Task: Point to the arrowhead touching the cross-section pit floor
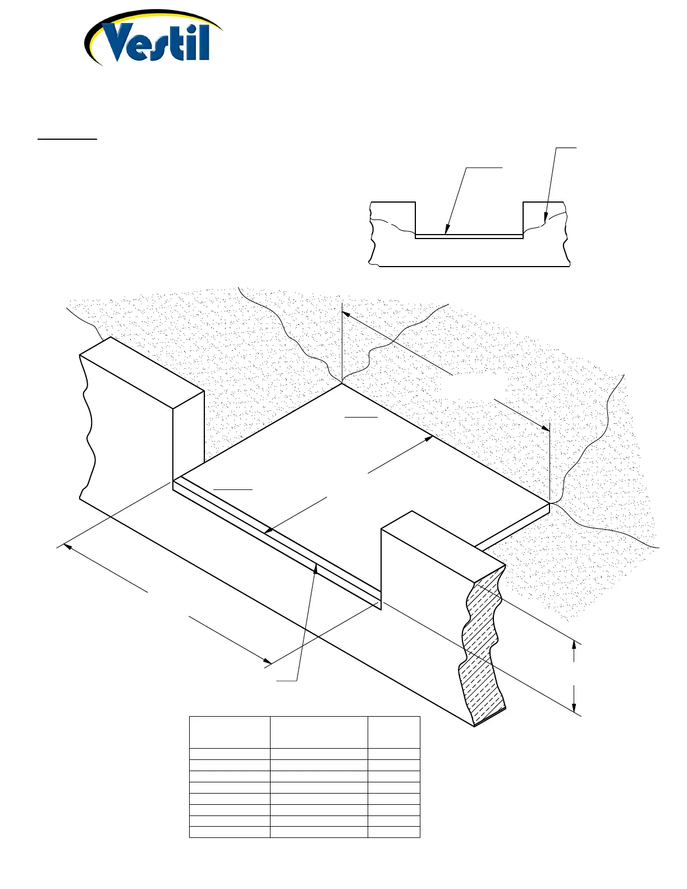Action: (x=447, y=230)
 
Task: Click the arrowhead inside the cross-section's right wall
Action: (x=544, y=217)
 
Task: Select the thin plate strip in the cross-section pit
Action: (x=469, y=237)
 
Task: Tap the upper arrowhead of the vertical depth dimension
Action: (x=574, y=645)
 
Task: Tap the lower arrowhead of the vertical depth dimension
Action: (x=574, y=708)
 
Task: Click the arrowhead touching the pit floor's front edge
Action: (x=268, y=530)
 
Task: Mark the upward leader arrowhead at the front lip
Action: (x=317, y=569)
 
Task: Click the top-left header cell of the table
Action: (x=230, y=732)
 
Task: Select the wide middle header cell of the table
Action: (x=319, y=732)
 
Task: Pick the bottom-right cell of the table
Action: (x=394, y=832)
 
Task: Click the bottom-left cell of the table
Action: (x=230, y=832)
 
